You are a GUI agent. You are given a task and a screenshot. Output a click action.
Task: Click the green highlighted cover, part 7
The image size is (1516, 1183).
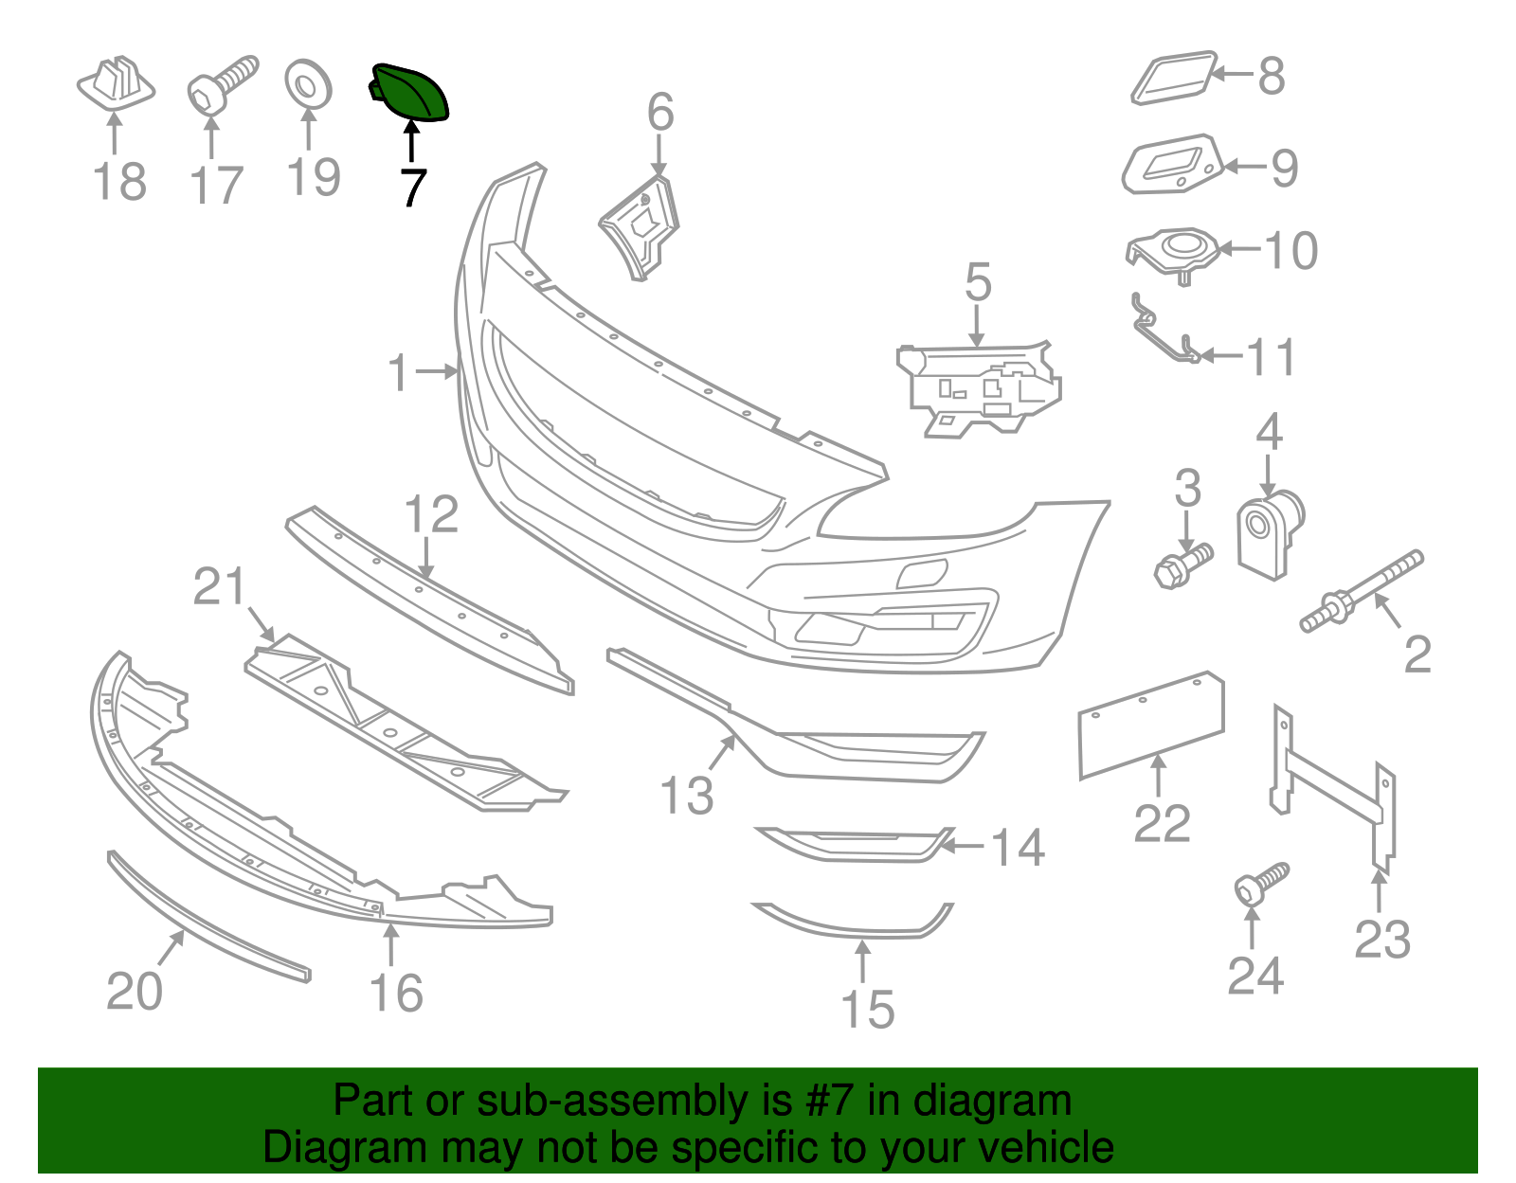413,93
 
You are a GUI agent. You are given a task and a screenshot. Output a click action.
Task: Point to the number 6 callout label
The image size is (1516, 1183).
660,113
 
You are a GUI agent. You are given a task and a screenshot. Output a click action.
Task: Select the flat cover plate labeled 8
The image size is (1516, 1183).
1173,78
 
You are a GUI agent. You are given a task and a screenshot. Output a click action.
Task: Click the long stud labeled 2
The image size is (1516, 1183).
1363,590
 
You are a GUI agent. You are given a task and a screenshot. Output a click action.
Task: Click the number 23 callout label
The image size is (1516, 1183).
1381,940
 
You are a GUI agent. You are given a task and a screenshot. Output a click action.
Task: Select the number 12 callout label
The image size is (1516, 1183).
431,514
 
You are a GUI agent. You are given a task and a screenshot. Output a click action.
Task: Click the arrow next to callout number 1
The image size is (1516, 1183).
438,372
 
